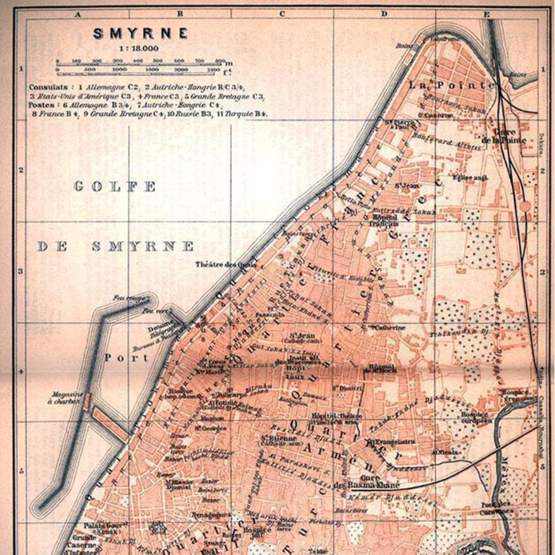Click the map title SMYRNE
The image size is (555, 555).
[x=140, y=34]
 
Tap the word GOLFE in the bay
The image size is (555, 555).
[x=115, y=187]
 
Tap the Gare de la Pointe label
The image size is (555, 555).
[x=504, y=136]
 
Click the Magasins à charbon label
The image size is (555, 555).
[x=67, y=398]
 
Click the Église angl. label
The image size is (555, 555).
[x=470, y=178]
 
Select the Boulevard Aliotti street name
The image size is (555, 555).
[x=446, y=143]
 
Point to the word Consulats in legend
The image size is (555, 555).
[x=46, y=87]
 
